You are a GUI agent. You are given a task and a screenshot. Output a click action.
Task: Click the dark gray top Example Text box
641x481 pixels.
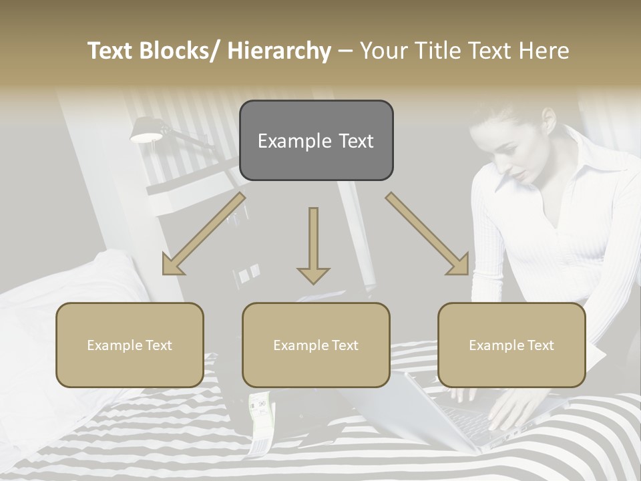(316, 140)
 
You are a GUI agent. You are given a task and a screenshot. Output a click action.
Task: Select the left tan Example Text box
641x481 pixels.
(130, 345)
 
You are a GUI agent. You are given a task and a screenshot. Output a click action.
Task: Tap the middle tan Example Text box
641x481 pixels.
(316, 345)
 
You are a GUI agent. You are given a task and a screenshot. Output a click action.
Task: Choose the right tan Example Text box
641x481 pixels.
(511, 345)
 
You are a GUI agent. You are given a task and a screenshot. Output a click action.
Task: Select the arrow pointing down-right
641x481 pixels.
(428, 234)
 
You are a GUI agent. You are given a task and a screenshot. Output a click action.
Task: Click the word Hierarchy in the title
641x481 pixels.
(279, 51)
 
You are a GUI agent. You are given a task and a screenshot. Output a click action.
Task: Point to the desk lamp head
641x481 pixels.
(146, 131)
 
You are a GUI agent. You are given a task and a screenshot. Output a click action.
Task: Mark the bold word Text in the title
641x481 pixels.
(112, 51)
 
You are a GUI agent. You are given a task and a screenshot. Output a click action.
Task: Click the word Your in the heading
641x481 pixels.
(386, 51)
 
